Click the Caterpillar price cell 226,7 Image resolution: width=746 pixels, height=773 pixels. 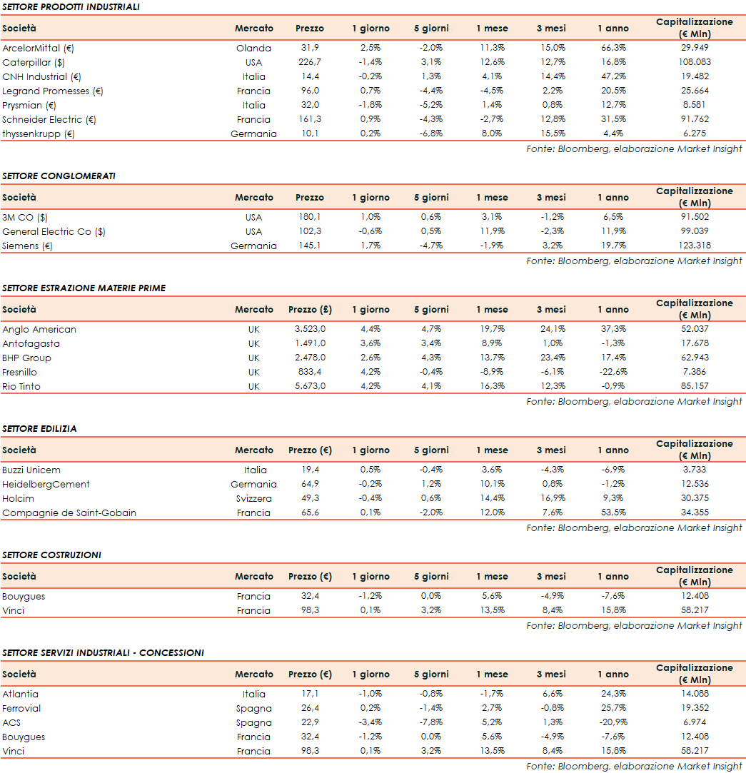point(309,63)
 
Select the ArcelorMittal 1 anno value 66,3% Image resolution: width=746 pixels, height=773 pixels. point(613,49)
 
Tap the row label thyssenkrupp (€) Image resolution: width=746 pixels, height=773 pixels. point(39,134)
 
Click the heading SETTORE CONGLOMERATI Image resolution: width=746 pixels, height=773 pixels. point(59,176)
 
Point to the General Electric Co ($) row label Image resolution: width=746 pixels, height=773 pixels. point(54,232)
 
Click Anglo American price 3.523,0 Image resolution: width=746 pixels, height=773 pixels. point(310,330)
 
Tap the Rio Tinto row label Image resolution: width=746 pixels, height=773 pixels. point(21,387)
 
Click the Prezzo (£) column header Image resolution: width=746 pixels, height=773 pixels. point(310,310)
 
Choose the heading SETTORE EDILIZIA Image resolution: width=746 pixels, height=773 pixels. point(39,429)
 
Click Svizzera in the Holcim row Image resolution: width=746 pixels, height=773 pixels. point(253,499)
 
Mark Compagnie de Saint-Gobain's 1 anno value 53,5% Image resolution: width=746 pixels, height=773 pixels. point(613,513)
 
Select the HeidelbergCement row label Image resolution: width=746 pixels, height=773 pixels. point(46,485)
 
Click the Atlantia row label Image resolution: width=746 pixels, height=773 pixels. point(20,694)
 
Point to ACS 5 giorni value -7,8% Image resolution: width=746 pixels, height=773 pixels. point(431,723)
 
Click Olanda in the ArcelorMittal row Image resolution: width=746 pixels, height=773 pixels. point(253,49)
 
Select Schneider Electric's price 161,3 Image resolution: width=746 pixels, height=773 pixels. point(309,120)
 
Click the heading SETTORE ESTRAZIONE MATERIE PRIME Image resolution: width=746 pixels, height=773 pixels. point(84,288)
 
